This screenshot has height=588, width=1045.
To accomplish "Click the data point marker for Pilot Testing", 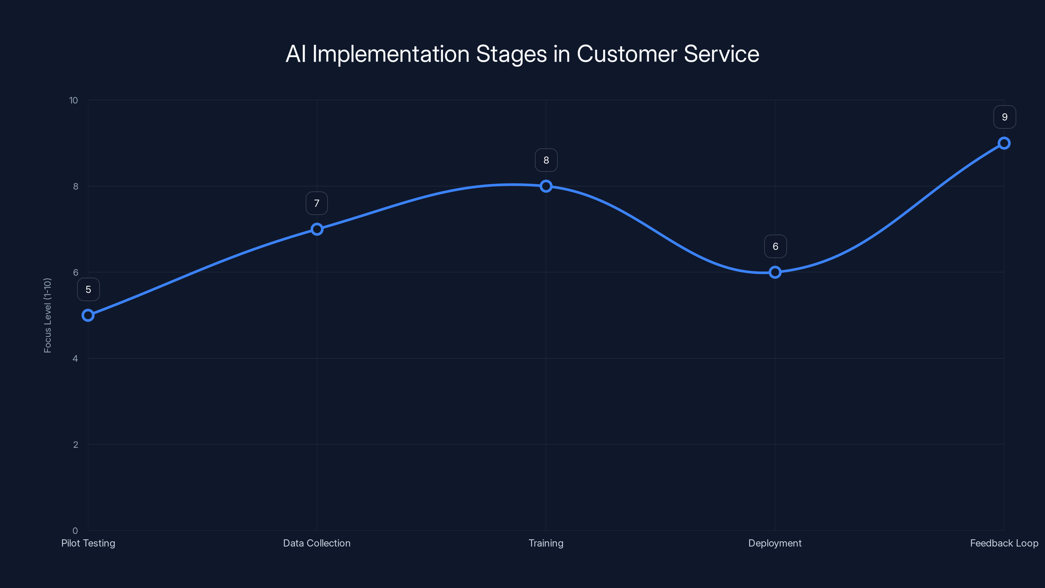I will click(88, 315).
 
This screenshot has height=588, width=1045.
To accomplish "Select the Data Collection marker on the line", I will click(317, 229).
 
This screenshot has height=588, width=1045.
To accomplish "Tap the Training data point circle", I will click(546, 186).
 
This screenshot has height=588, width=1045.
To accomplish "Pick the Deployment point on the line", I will click(775, 272).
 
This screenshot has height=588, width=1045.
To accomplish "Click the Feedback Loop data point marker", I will click(1004, 143).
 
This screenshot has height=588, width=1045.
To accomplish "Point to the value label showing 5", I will click(88, 289).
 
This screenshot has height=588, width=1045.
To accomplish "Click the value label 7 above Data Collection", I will click(317, 203).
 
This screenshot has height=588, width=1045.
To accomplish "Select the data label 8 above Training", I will click(546, 160).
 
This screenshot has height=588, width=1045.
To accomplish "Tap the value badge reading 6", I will click(775, 246).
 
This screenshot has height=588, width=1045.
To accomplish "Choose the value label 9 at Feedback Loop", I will click(1005, 117).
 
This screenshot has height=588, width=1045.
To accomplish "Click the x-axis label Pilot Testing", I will click(88, 543).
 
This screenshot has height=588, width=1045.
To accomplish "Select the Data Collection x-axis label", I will click(317, 543).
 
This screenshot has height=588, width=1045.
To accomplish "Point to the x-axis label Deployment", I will click(775, 543).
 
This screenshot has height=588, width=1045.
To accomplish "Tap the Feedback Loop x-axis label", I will click(1004, 543).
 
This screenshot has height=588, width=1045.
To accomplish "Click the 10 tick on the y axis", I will click(73, 100).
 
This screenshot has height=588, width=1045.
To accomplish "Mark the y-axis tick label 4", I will click(75, 358).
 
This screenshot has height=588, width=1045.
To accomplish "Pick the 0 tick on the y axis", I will click(75, 531).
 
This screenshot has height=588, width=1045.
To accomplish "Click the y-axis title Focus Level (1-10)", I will click(47, 315).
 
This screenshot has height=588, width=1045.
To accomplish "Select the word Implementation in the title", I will click(391, 54).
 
